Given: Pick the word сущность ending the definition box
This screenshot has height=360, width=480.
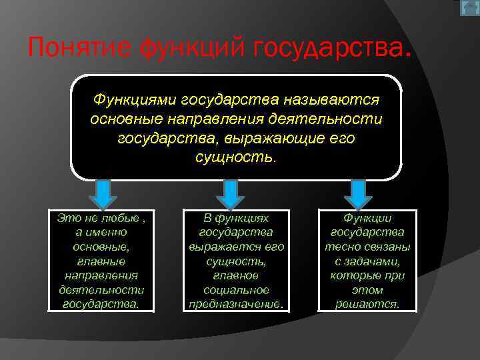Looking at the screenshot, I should (234, 158).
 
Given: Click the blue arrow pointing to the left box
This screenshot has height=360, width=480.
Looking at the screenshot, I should (103, 194).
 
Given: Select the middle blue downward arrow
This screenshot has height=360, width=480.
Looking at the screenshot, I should (230, 194).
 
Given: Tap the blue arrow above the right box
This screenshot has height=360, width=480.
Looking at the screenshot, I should (358, 194).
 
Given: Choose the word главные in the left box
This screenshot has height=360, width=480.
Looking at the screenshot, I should (101, 261).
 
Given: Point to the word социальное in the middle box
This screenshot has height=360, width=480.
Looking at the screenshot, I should (236, 290).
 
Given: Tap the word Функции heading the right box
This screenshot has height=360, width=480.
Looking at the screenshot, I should (367, 218).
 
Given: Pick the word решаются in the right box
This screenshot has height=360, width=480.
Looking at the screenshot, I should (367, 305).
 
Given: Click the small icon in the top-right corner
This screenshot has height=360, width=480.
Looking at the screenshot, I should (469, 8).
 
